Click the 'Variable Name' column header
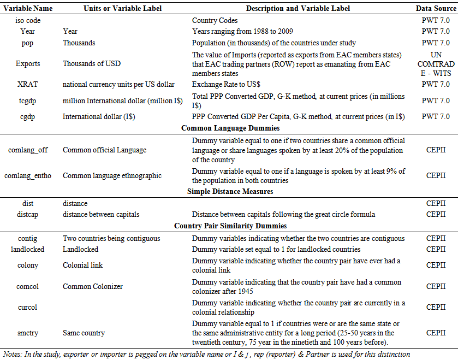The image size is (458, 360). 27,8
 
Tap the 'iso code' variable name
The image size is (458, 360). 27,20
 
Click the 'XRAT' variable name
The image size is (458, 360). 27,84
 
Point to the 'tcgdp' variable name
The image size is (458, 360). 27,101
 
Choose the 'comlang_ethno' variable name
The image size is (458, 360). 28,175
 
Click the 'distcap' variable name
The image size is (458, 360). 27,214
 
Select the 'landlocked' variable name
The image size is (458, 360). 27,249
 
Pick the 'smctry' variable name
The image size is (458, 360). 27,332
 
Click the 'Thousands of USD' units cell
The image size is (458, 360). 92,63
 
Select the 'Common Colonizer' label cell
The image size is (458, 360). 92,286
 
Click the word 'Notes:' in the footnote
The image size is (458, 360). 14,353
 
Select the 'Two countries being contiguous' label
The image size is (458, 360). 111,238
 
